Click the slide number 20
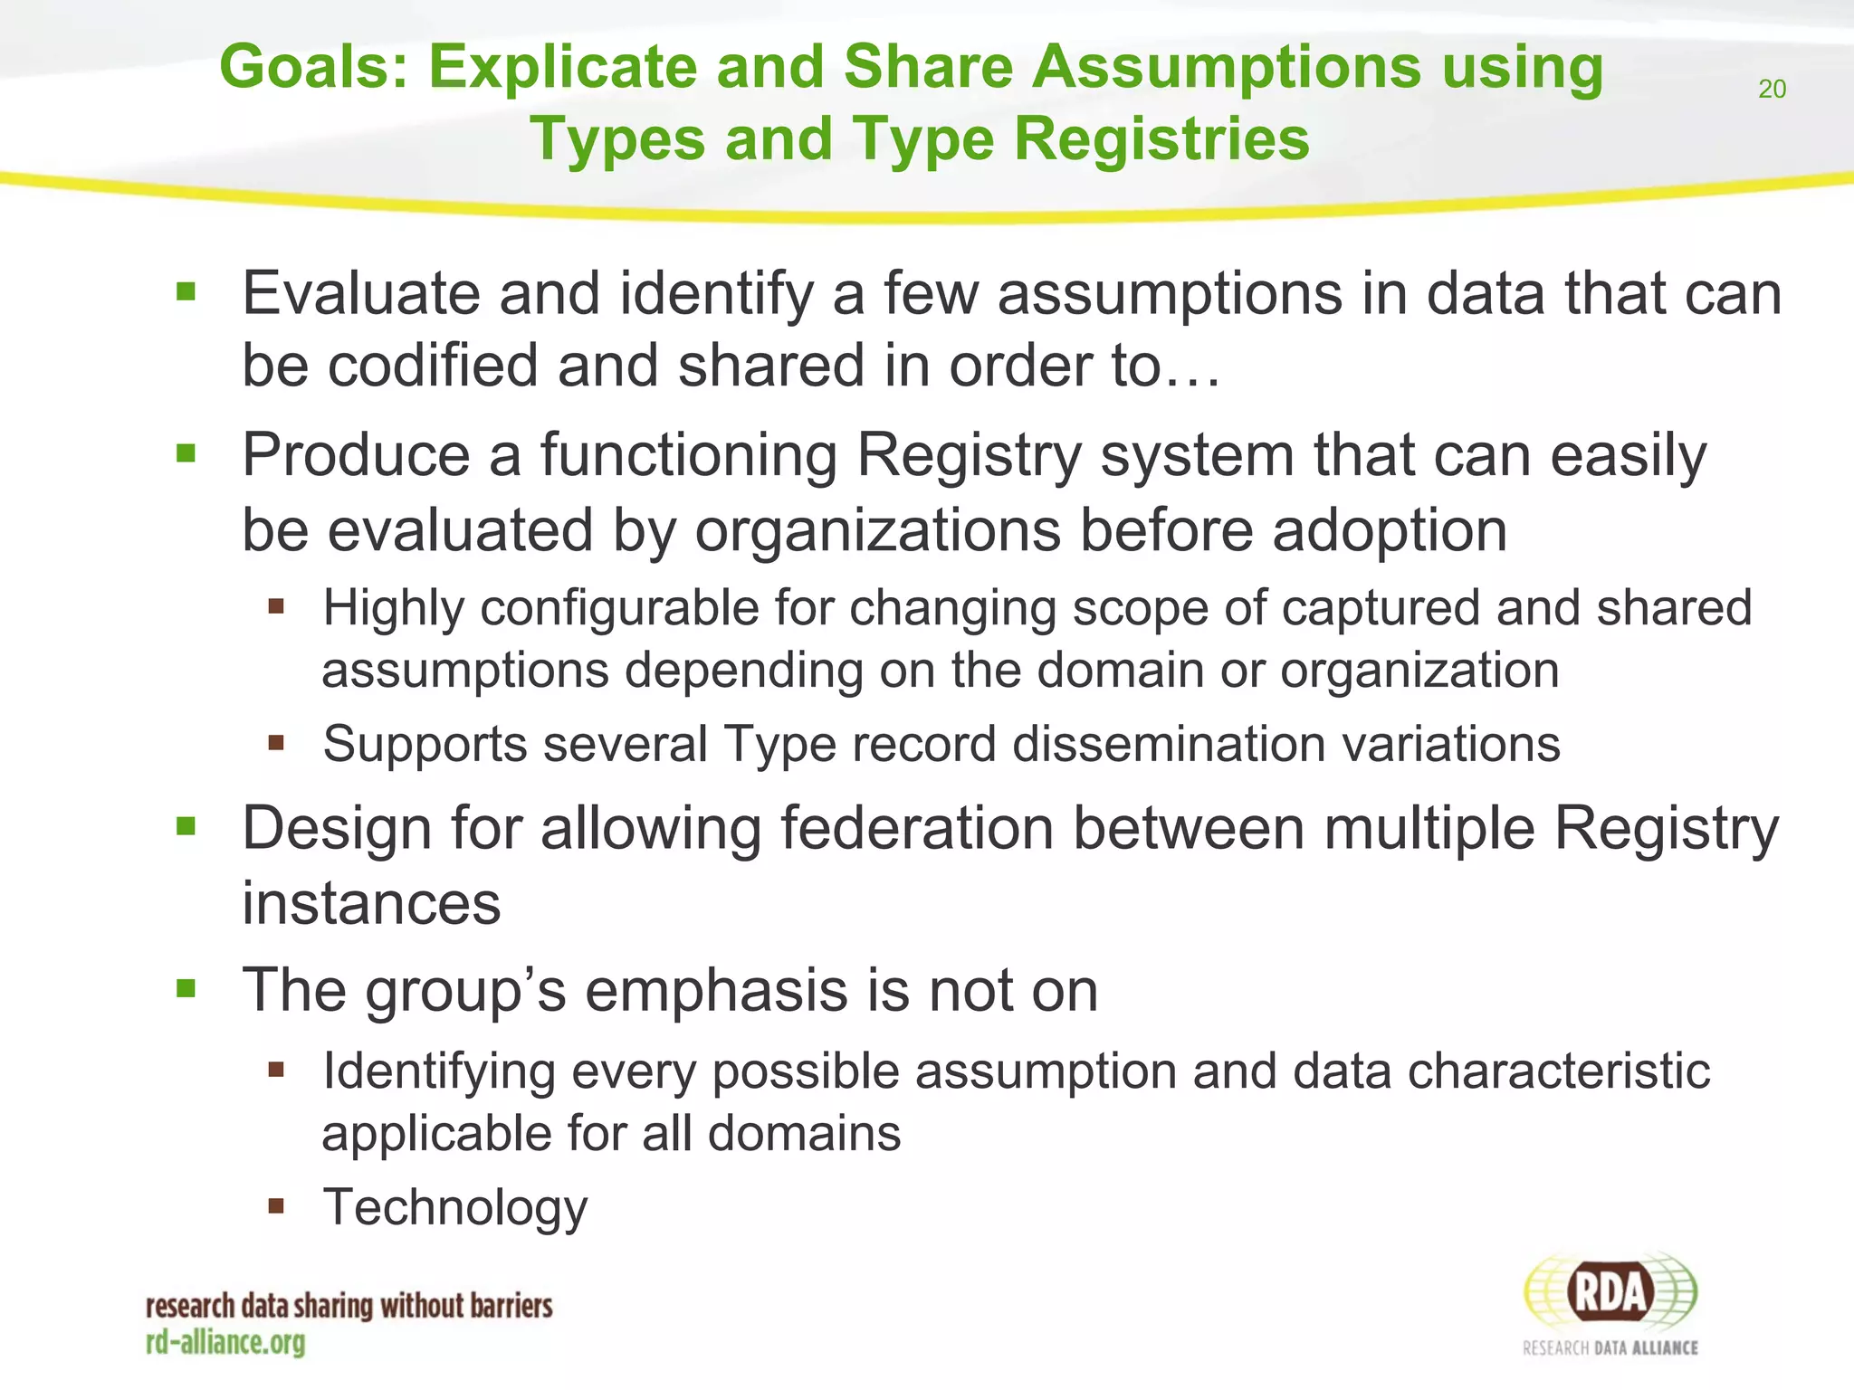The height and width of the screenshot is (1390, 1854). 1772,89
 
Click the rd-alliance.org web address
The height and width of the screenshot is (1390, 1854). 225,1342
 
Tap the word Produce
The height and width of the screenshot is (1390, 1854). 355,454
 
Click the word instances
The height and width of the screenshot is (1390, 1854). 371,903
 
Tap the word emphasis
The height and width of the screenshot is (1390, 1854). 716,990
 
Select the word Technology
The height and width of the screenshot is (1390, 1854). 455,1207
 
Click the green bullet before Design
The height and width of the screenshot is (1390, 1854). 186,825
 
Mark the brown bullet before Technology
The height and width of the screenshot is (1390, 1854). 276,1205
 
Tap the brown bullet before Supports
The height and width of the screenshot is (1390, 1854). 276,743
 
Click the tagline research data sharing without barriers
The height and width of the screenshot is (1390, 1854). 349,1306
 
